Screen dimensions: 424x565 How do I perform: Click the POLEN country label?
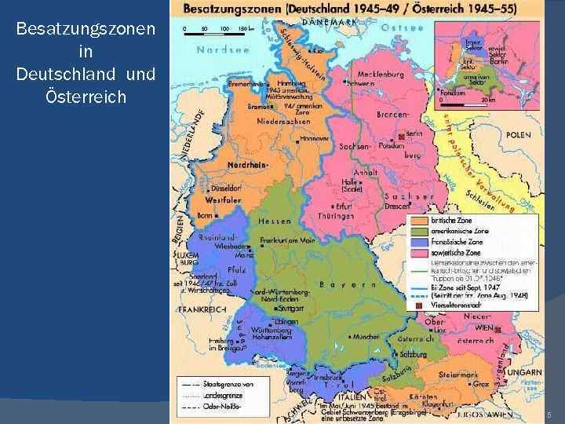tap(519, 135)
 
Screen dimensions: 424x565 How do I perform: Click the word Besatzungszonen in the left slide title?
tap(84, 30)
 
